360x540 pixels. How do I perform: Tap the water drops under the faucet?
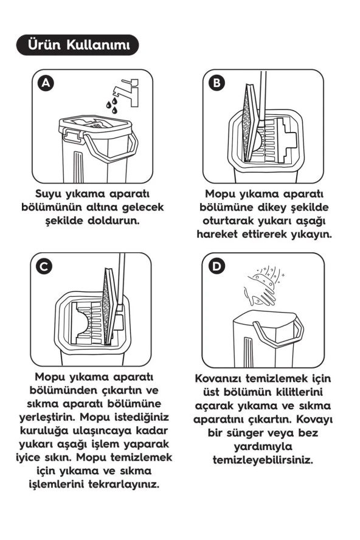[x=111, y=106]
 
